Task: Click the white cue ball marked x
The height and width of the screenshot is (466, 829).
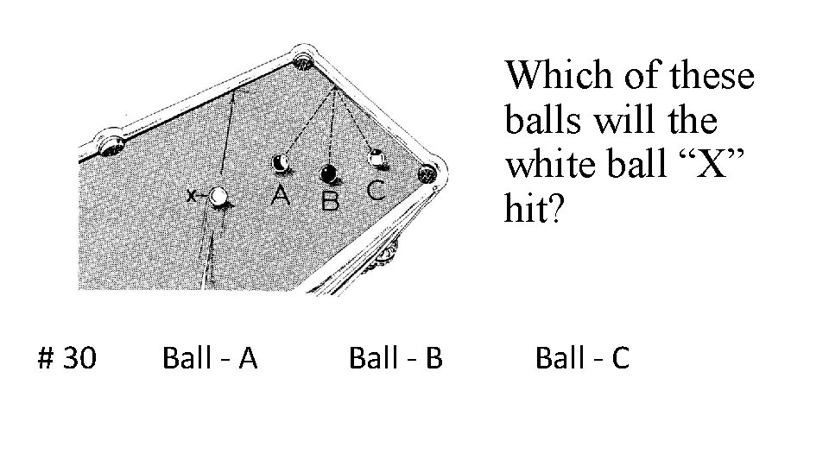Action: tap(219, 197)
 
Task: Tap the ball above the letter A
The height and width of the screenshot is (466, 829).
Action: tap(281, 163)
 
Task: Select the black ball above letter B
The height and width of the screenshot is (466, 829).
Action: tap(329, 174)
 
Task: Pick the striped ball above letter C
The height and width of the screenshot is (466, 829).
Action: tap(377, 158)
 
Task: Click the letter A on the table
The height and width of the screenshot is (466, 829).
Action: tap(280, 195)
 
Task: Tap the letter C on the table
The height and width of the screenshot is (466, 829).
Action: tap(376, 189)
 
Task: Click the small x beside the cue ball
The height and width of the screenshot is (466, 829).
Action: tap(191, 198)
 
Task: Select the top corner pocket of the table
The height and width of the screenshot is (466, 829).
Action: tap(303, 61)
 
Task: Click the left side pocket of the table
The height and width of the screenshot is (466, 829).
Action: tap(110, 142)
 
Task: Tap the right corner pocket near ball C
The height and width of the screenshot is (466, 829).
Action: tap(427, 173)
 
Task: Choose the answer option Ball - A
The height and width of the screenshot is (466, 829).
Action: tap(210, 357)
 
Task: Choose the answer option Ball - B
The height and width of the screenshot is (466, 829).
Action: tap(396, 357)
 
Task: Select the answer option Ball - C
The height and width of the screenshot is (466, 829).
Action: tap(582, 357)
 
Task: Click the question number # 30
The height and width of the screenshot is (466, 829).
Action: tap(67, 357)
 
